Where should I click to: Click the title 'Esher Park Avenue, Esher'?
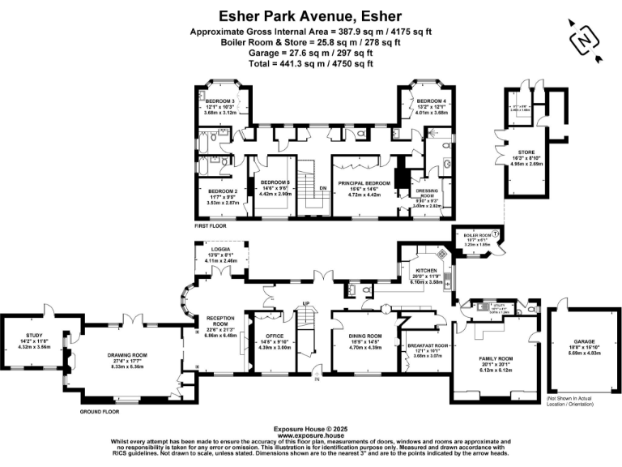(311, 15)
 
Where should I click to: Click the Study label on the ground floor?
(34, 340)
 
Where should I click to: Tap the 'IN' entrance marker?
(318, 379)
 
